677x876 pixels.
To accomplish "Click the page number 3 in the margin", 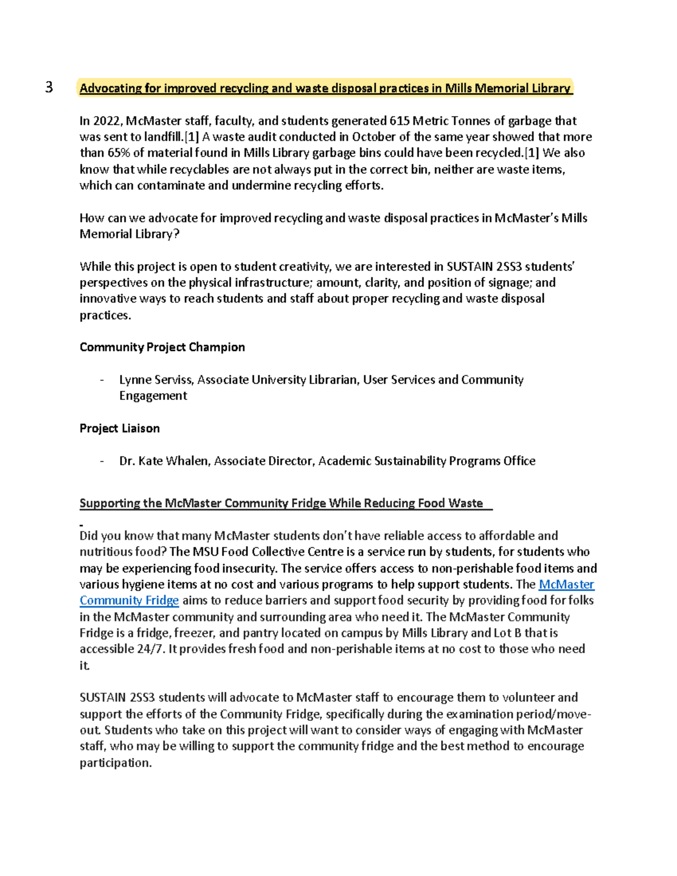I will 49,87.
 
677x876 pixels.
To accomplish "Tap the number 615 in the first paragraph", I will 399,121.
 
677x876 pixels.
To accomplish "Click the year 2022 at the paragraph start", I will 106,121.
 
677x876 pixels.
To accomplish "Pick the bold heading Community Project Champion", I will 162,347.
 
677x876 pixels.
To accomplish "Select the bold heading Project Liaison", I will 119,428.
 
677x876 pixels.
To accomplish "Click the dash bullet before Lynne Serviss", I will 102,380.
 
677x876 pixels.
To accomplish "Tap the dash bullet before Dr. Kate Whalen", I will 102,461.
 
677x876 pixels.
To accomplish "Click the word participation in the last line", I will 115,763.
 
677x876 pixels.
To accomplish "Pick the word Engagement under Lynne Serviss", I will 153,395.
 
